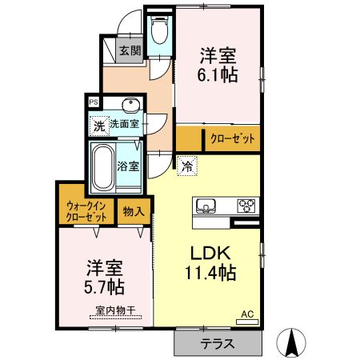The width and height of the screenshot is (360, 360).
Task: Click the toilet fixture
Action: coord(159,30)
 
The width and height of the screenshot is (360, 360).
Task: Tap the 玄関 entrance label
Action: coord(130,50)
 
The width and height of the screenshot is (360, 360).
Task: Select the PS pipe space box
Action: coord(94,102)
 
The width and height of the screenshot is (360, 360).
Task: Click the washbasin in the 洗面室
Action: coord(130,103)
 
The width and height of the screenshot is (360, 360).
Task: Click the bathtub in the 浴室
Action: coord(103,167)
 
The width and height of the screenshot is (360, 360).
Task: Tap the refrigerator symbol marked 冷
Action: coord(187,166)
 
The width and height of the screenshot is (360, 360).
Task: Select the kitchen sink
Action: coord(206,206)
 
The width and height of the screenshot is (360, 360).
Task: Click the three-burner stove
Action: coord(246,206)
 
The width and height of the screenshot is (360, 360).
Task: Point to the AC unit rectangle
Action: coord(247,322)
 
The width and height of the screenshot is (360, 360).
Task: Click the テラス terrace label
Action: coord(218,343)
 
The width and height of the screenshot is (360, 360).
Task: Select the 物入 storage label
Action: coord(134,212)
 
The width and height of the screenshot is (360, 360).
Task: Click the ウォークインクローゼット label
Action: coord(86,212)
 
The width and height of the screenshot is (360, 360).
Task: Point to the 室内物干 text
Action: coord(115,310)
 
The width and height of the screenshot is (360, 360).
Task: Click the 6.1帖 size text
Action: coord(218,74)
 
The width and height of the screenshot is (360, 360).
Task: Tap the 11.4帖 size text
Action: coord(210,273)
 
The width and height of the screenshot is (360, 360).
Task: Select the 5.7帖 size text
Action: coord(104,286)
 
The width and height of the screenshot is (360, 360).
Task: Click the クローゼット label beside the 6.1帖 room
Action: coord(233,138)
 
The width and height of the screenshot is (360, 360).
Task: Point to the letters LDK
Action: coord(210,254)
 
